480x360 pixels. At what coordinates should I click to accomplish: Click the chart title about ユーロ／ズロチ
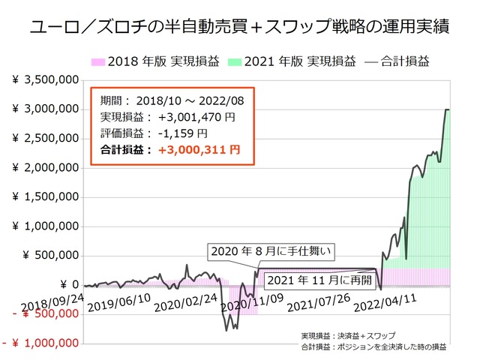[x=239, y=28]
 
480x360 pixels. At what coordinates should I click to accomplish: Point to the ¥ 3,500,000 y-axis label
[x=46, y=79]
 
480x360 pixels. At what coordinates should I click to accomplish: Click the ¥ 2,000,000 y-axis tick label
[x=46, y=167]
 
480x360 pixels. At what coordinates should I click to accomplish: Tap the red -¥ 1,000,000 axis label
[x=41, y=343]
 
